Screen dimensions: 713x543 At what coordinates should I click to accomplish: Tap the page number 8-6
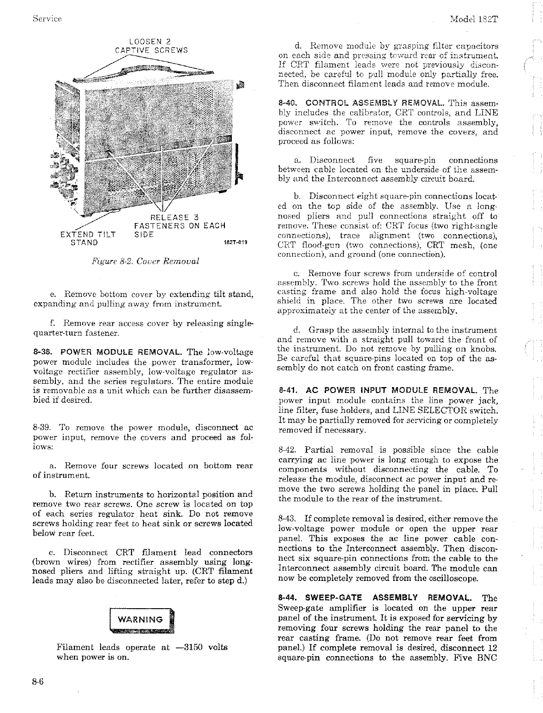(38, 681)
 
